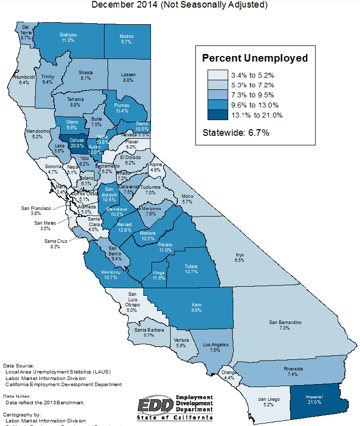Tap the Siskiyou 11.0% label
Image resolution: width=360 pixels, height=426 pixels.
(68, 37)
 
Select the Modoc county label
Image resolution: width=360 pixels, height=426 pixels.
(126, 39)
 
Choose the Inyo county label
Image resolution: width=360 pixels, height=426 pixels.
(239, 257)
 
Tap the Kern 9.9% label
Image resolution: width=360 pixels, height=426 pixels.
(197, 307)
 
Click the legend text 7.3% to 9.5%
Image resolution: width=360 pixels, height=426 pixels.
(252, 95)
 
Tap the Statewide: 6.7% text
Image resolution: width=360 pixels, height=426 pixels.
(236, 133)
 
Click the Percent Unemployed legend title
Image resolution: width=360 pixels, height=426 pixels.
(254, 58)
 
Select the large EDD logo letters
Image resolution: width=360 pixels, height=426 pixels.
(156, 405)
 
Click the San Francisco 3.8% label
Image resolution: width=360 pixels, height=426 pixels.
(35, 210)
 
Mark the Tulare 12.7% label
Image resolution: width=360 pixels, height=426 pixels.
(191, 269)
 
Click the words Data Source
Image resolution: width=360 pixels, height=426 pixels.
(19, 365)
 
